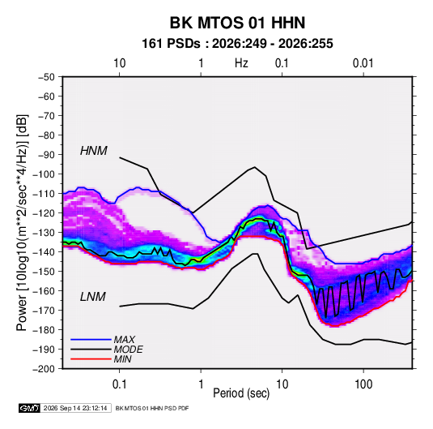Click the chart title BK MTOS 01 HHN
(237, 23)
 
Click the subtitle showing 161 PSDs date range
(237, 44)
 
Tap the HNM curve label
(94, 151)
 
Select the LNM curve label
(93, 297)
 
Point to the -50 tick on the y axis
(46, 77)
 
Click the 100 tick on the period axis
(363, 384)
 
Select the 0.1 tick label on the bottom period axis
(119, 384)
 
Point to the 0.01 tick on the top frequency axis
(363, 63)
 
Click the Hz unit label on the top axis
(241, 63)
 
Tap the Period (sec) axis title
(241, 393)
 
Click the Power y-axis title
(22, 222)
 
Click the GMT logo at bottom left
(29, 408)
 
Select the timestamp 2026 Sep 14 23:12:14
(75, 408)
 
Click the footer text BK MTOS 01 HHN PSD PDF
(152, 408)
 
